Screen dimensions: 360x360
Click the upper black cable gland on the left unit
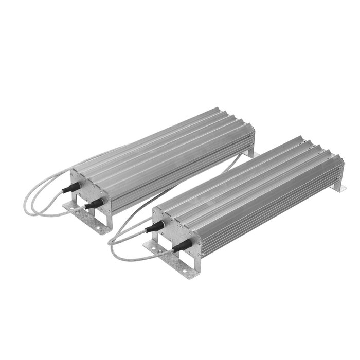(70, 188)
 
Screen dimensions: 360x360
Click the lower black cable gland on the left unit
(92, 205)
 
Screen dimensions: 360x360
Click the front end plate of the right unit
(177, 234)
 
